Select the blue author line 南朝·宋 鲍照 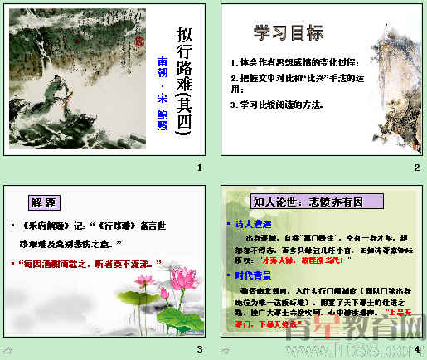coord(161,91)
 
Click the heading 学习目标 coord(288,35)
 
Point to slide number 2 coord(417,168)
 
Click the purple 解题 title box coord(46,202)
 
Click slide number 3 coord(199,349)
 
